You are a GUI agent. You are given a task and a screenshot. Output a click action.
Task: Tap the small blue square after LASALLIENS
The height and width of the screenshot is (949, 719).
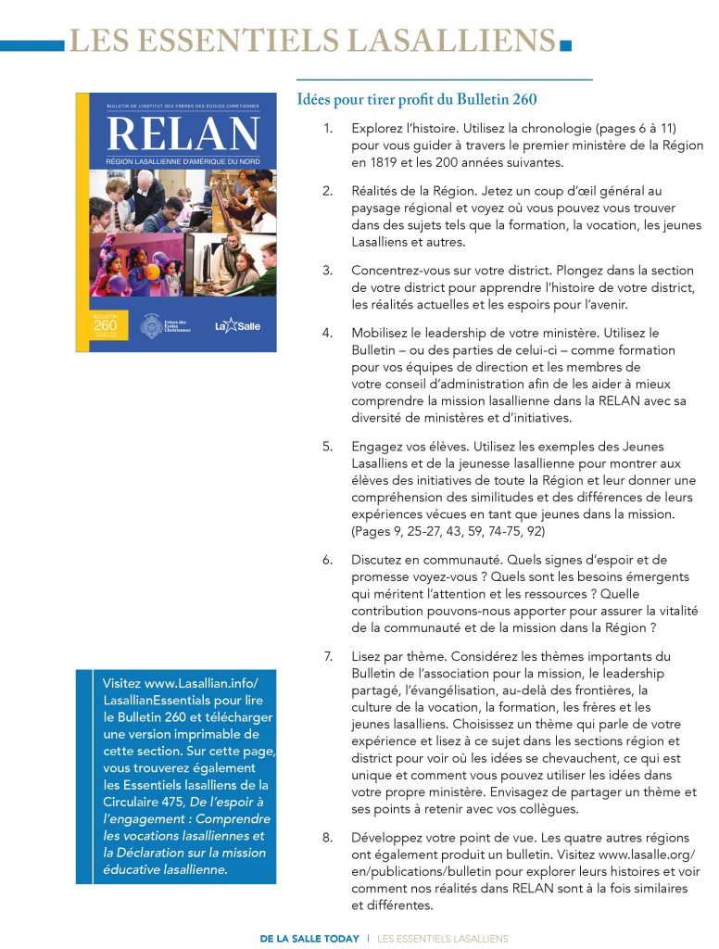[567, 43]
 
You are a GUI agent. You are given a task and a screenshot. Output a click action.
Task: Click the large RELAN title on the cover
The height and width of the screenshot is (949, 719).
[183, 134]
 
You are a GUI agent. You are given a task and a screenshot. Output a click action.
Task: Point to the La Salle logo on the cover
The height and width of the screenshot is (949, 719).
[237, 325]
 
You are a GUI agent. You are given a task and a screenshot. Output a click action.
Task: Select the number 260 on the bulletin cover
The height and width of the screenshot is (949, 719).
[105, 325]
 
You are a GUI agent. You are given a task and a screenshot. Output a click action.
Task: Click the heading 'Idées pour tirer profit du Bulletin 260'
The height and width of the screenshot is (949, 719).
[416, 99]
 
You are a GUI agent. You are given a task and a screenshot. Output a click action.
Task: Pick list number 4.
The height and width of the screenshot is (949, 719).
[327, 333]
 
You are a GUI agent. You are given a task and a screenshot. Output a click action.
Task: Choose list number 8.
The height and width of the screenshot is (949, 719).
[327, 838]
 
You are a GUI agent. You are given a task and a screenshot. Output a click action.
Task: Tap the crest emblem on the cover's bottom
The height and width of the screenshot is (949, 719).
[152, 325]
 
